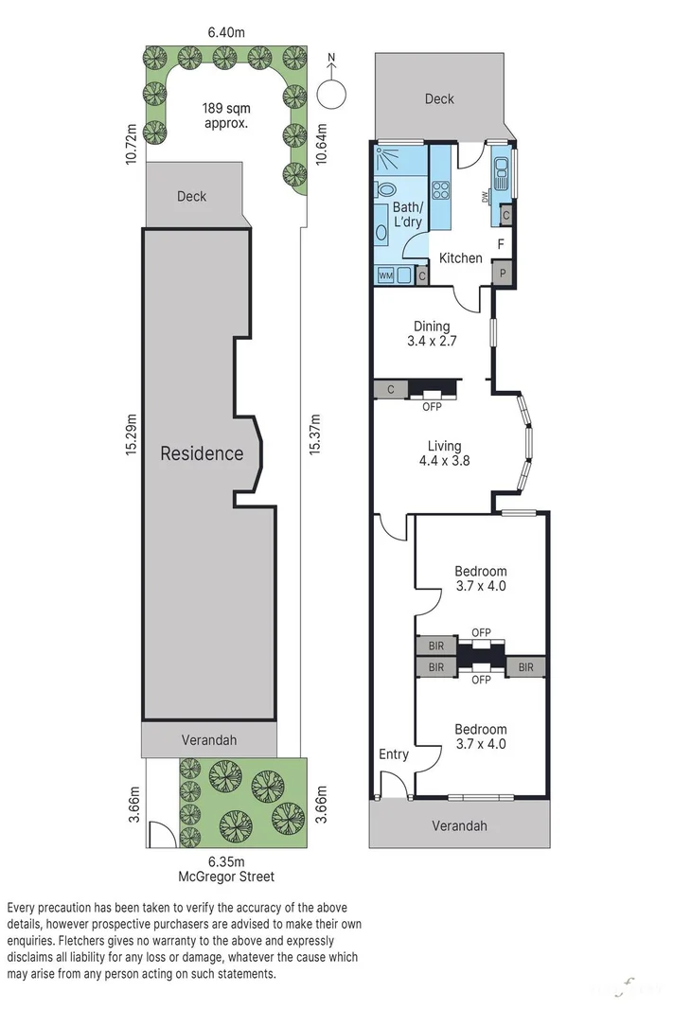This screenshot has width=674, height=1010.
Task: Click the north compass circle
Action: pos(331,92)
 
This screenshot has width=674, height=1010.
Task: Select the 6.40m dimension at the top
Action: pos(226,32)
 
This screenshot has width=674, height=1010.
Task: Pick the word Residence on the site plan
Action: pos(201,453)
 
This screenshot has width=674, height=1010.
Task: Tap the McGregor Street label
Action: pos(226,877)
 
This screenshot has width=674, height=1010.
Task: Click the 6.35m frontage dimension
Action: pos(226,861)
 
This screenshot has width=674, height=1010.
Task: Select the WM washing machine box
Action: pos(386,275)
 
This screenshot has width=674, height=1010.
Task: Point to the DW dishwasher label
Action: pos(485,197)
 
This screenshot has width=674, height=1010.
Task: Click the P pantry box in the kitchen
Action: pos(503,273)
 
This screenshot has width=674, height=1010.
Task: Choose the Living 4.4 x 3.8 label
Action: pos(444,453)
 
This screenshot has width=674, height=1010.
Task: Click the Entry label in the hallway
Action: pos(393,754)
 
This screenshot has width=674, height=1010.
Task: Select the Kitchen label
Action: pos(461,257)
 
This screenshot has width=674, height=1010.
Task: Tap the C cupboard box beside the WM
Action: pos(421,275)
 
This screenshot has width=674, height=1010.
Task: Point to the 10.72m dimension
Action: pos(132,141)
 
